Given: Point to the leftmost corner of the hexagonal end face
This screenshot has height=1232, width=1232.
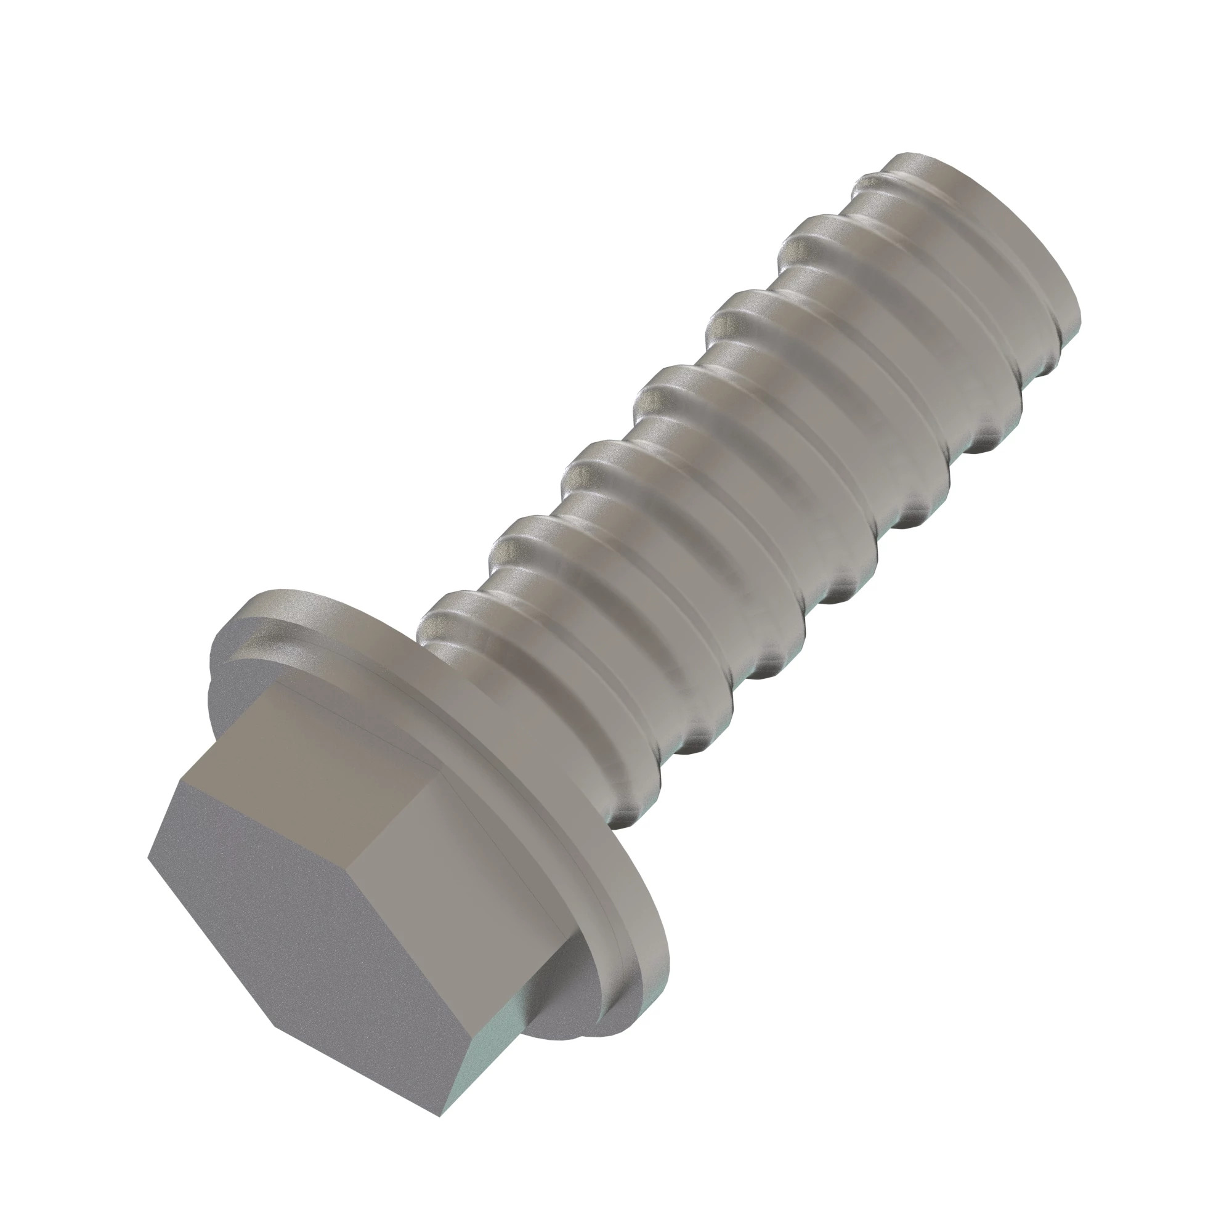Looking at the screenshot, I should coord(148,856).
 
